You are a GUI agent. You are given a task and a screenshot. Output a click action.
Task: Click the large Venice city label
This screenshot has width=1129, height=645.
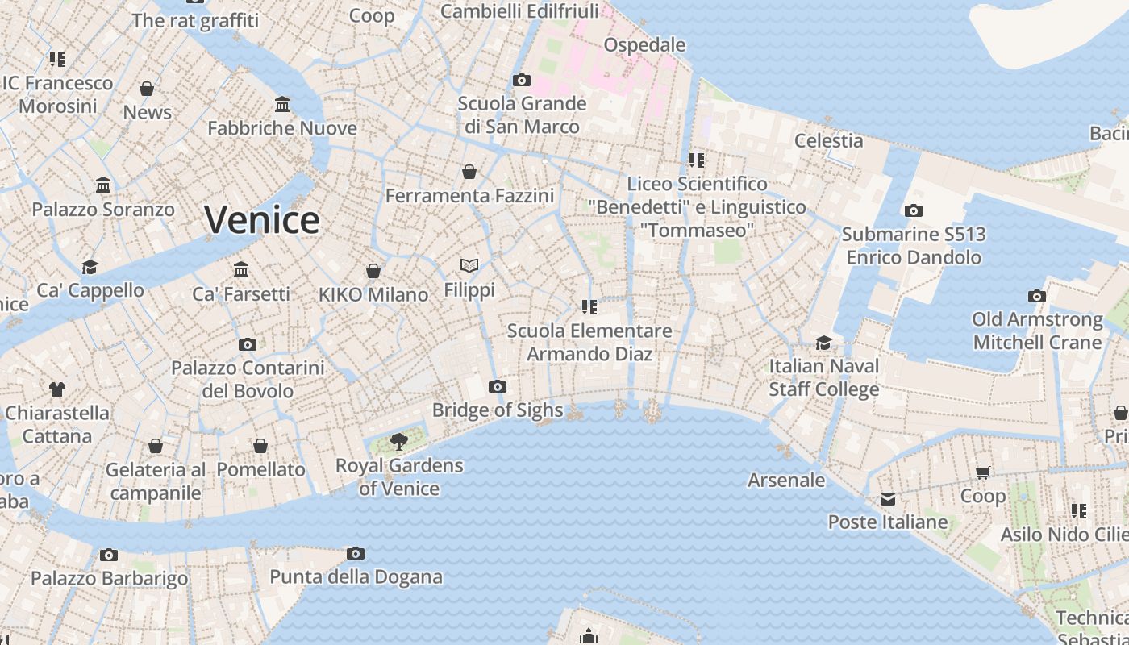click(262, 219)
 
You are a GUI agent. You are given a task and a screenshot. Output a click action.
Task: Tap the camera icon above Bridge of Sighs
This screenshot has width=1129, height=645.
click(498, 387)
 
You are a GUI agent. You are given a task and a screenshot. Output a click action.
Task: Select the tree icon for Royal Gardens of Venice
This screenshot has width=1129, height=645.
click(398, 441)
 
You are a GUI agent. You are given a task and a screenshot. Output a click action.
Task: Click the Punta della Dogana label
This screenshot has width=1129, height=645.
click(356, 577)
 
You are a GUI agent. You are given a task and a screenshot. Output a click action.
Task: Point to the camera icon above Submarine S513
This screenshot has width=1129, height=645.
click(913, 211)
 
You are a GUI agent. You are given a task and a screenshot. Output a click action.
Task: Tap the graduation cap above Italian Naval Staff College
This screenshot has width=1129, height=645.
click(823, 343)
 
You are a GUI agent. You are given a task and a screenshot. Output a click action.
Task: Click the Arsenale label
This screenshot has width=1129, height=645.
click(786, 481)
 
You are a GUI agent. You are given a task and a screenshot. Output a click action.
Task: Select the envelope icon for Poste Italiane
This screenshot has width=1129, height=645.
click(888, 499)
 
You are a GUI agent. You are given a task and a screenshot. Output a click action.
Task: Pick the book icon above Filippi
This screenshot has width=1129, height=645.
click(469, 265)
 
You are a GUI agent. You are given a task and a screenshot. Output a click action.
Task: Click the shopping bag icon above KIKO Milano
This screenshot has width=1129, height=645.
click(373, 271)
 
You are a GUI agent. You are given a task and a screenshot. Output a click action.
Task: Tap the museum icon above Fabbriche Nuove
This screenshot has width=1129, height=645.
click(282, 105)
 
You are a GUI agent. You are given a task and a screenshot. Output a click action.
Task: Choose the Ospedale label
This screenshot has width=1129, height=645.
click(644, 45)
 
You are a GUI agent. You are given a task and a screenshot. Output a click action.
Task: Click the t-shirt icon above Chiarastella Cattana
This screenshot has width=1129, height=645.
click(56, 389)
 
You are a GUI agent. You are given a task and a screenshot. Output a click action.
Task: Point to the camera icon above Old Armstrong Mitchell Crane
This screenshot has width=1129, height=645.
click(1037, 297)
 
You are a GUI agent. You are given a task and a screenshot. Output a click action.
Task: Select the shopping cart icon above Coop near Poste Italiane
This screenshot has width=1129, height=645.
click(982, 473)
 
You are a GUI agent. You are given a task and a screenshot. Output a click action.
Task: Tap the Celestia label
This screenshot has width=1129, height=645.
click(829, 141)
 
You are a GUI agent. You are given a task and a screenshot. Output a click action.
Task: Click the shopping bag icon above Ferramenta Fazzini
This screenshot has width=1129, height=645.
click(469, 172)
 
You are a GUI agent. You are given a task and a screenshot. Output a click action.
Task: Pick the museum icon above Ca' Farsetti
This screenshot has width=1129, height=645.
click(241, 270)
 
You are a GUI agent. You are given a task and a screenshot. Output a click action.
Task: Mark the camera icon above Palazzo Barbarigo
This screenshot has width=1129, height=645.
click(109, 555)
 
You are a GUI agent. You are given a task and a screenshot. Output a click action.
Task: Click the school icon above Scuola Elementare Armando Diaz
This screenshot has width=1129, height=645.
click(589, 307)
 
